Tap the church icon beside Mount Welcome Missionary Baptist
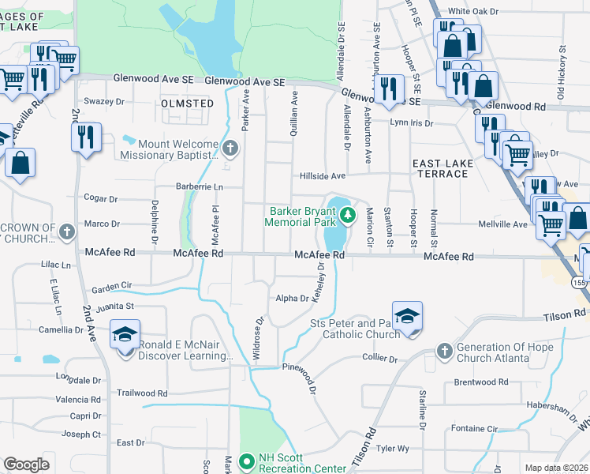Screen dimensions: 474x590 230,147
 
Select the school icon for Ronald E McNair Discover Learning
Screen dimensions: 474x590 125,336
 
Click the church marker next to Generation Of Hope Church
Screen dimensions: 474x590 444,349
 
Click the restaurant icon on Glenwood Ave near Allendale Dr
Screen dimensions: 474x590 388,88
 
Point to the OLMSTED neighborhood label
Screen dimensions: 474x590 187,103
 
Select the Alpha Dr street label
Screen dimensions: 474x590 292,298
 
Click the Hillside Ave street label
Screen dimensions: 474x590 322,176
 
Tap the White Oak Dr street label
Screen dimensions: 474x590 474,12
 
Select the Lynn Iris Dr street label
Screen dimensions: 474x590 411,123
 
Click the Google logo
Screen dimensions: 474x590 26,464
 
